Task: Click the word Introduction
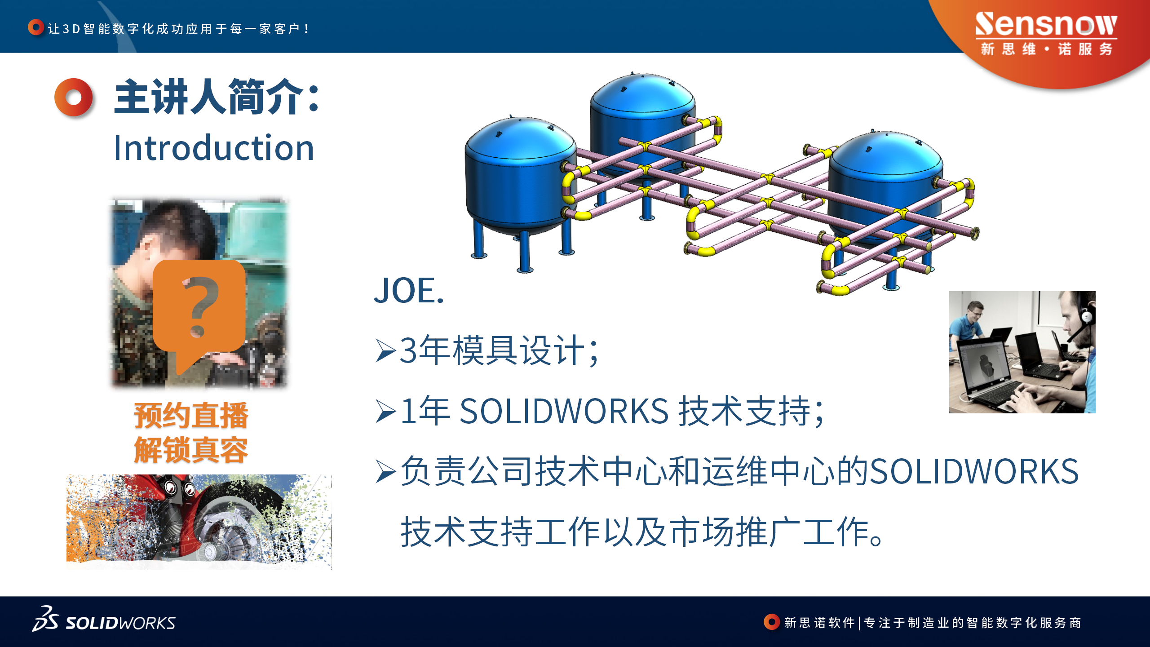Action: coord(214,147)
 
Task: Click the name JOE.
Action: coord(409,290)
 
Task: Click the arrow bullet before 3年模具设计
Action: coord(386,351)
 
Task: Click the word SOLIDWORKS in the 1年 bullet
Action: coord(564,411)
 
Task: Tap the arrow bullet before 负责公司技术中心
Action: coord(386,472)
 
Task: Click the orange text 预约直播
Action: coord(191,416)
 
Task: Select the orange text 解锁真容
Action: coord(191,450)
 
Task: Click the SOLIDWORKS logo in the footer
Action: coord(104,619)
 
